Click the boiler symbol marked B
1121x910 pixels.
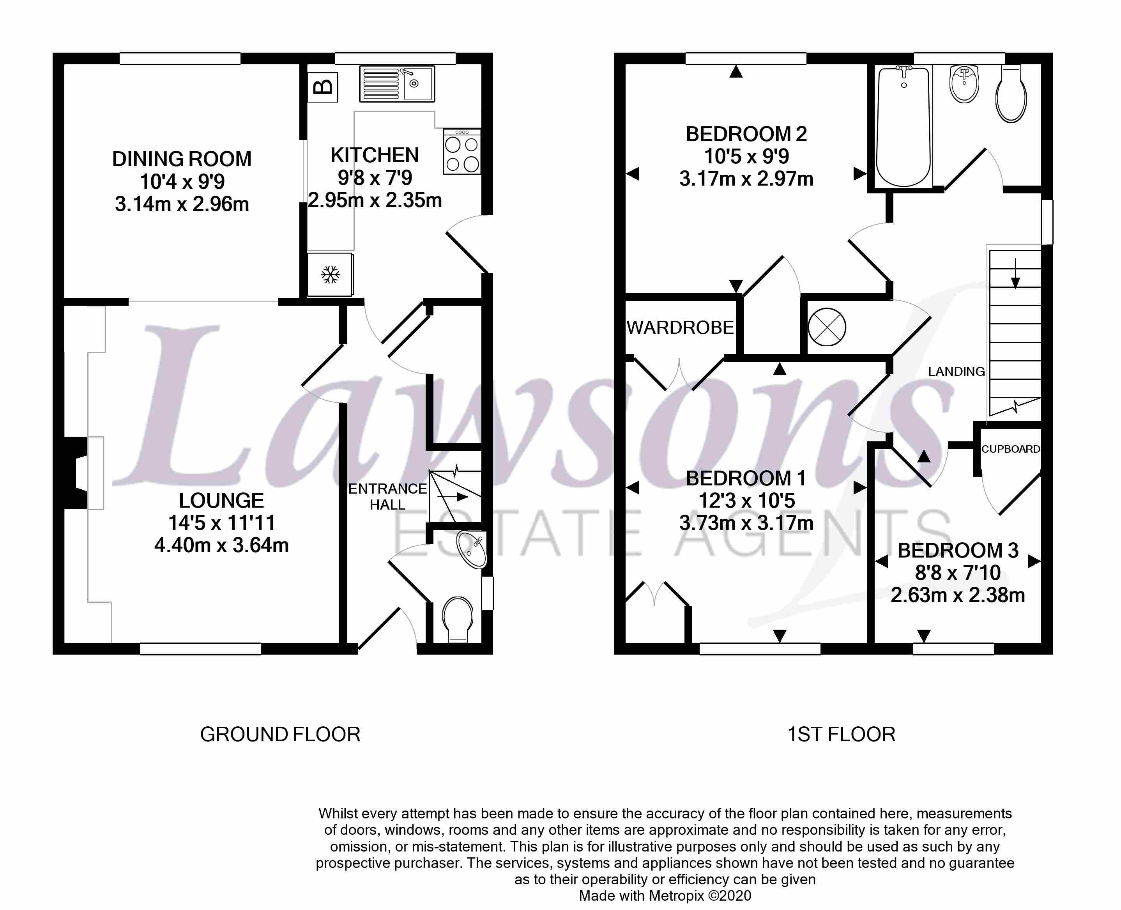[x=322, y=87]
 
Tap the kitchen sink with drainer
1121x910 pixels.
[x=397, y=84]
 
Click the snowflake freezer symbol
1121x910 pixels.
[x=330, y=275]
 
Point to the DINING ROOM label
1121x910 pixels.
[x=182, y=159]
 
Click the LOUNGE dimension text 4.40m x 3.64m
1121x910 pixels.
[x=221, y=545]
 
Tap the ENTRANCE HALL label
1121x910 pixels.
[x=387, y=496]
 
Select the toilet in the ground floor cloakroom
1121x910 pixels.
[x=458, y=618]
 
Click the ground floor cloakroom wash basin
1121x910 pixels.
[x=472, y=549]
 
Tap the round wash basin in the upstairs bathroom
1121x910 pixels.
[x=964, y=84]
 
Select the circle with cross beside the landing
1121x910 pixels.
[x=827, y=327]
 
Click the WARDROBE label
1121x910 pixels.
[x=680, y=328]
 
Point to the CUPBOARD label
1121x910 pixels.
[x=1010, y=449]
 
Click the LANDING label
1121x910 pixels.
[x=956, y=372]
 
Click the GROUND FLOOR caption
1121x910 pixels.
[x=280, y=735]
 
